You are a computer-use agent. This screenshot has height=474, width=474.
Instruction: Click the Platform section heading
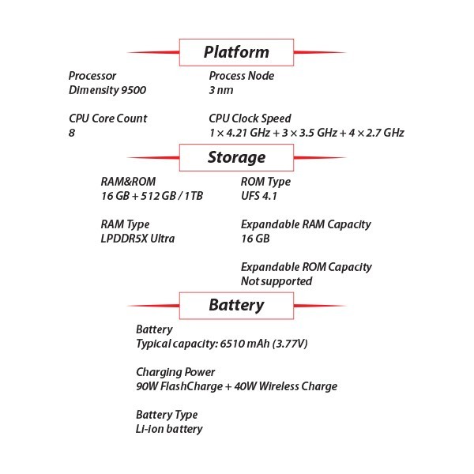point(236,52)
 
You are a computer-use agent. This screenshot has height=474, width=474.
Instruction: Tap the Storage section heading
point(236,157)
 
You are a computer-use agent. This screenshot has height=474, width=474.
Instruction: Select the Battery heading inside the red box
point(236,305)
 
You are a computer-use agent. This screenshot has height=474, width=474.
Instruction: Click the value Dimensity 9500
point(107,90)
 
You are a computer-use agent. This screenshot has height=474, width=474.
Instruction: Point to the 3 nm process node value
point(221,90)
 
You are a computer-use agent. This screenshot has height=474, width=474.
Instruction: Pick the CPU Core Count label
point(108,118)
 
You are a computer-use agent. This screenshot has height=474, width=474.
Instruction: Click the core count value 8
point(72,133)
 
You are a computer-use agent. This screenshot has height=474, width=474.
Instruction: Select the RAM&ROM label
point(128,182)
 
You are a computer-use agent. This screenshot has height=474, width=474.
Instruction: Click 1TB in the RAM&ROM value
point(194,196)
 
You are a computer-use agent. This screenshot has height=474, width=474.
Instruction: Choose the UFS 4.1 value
point(259,196)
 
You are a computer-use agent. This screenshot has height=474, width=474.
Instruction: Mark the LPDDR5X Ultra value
point(137,239)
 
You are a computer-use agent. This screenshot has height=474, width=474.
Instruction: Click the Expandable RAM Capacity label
point(306,224)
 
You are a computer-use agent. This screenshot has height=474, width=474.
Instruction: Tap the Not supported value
point(276,281)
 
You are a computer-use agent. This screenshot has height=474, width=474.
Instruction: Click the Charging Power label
point(175,372)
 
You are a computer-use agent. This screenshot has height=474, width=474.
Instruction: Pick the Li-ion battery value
point(169,429)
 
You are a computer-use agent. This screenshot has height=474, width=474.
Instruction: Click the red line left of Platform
point(153,52)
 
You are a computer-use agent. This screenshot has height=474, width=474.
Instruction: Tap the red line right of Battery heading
point(320,306)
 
